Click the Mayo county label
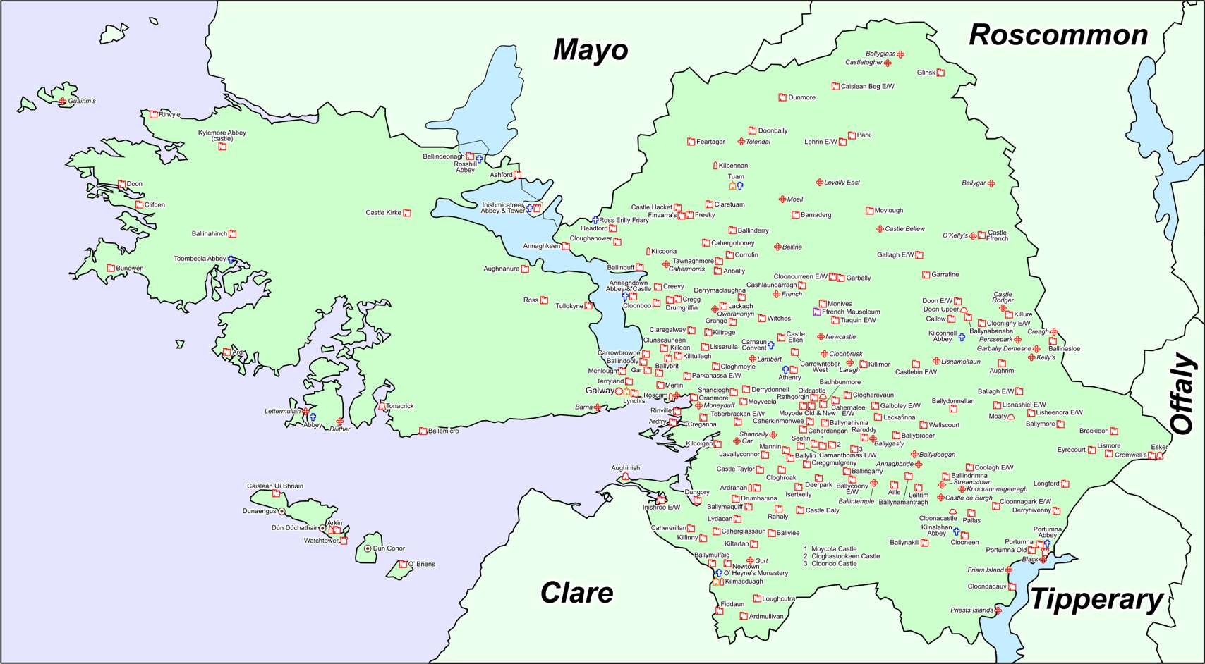tap(590, 50)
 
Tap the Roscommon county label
tap(1058, 35)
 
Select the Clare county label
tap(576, 593)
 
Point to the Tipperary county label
tap(1096, 600)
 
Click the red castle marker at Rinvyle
tap(153, 114)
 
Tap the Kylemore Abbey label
tap(222, 135)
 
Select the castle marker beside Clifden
tap(139, 205)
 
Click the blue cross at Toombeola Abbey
tap(231, 259)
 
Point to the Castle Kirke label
tap(383, 212)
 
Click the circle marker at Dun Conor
tap(368, 548)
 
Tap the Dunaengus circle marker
tap(281, 512)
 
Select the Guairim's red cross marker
tap(63, 102)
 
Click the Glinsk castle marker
tap(940, 73)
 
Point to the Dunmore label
tap(801, 97)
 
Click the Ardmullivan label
tap(765, 616)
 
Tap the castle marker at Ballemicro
tap(423, 431)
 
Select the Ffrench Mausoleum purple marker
tap(817, 312)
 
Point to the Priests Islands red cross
tap(998, 610)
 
